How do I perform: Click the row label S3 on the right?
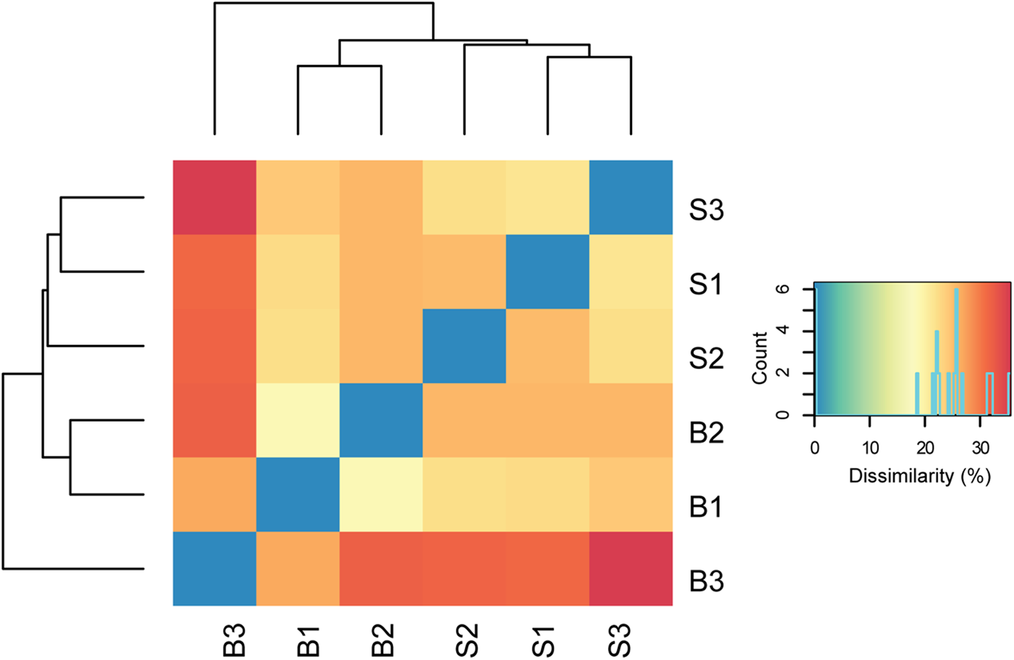(x=706, y=210)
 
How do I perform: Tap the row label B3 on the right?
(x=706, y=581)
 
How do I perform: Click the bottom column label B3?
(x=234, y=641)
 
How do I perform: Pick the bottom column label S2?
(x=467, y=641)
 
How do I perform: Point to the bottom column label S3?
(x=620, y=641)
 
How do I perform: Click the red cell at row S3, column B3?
(x=214, y=198)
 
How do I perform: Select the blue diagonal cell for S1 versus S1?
(x=548, y=272)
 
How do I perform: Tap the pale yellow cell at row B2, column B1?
(x=298, y=420)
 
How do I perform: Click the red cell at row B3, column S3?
(x=631, y=568)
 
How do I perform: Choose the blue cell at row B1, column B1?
(x=298, y=494)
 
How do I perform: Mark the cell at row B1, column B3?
(x=214, y=494)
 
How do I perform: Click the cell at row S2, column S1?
(x=548, y=346)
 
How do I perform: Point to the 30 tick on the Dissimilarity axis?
(x=980, y=448)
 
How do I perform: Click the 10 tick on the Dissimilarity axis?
(x=870, y=448)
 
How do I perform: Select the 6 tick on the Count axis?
(x=783, y=289)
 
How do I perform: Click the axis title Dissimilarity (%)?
(x=919, y=476)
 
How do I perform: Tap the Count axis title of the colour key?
(x=759, y=358)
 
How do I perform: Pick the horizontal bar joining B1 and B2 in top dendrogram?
(x=339, y=66)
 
